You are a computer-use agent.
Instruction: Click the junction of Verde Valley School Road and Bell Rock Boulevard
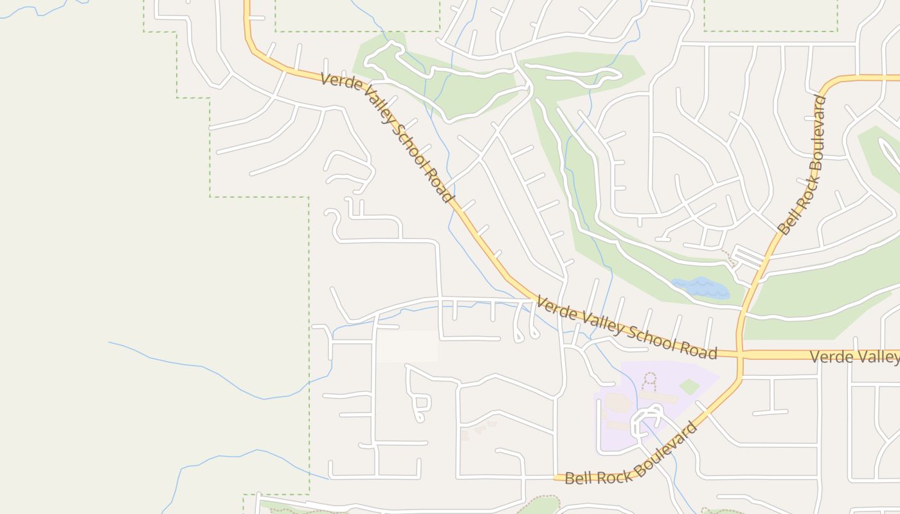[741, 354]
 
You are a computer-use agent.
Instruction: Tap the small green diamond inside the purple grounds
[689, 386]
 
